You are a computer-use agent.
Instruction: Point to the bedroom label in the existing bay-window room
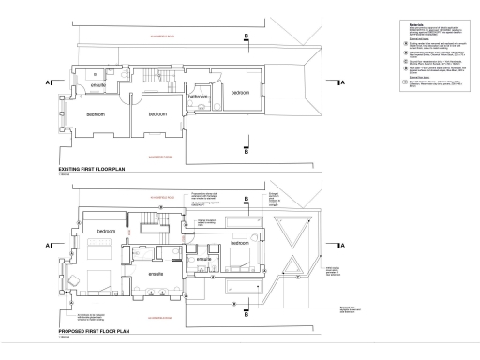(97, 114)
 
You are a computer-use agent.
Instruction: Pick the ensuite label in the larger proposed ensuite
(157, 273)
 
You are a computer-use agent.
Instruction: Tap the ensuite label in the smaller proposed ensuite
(203, 260)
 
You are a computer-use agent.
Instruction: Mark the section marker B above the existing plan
(247, 37)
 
